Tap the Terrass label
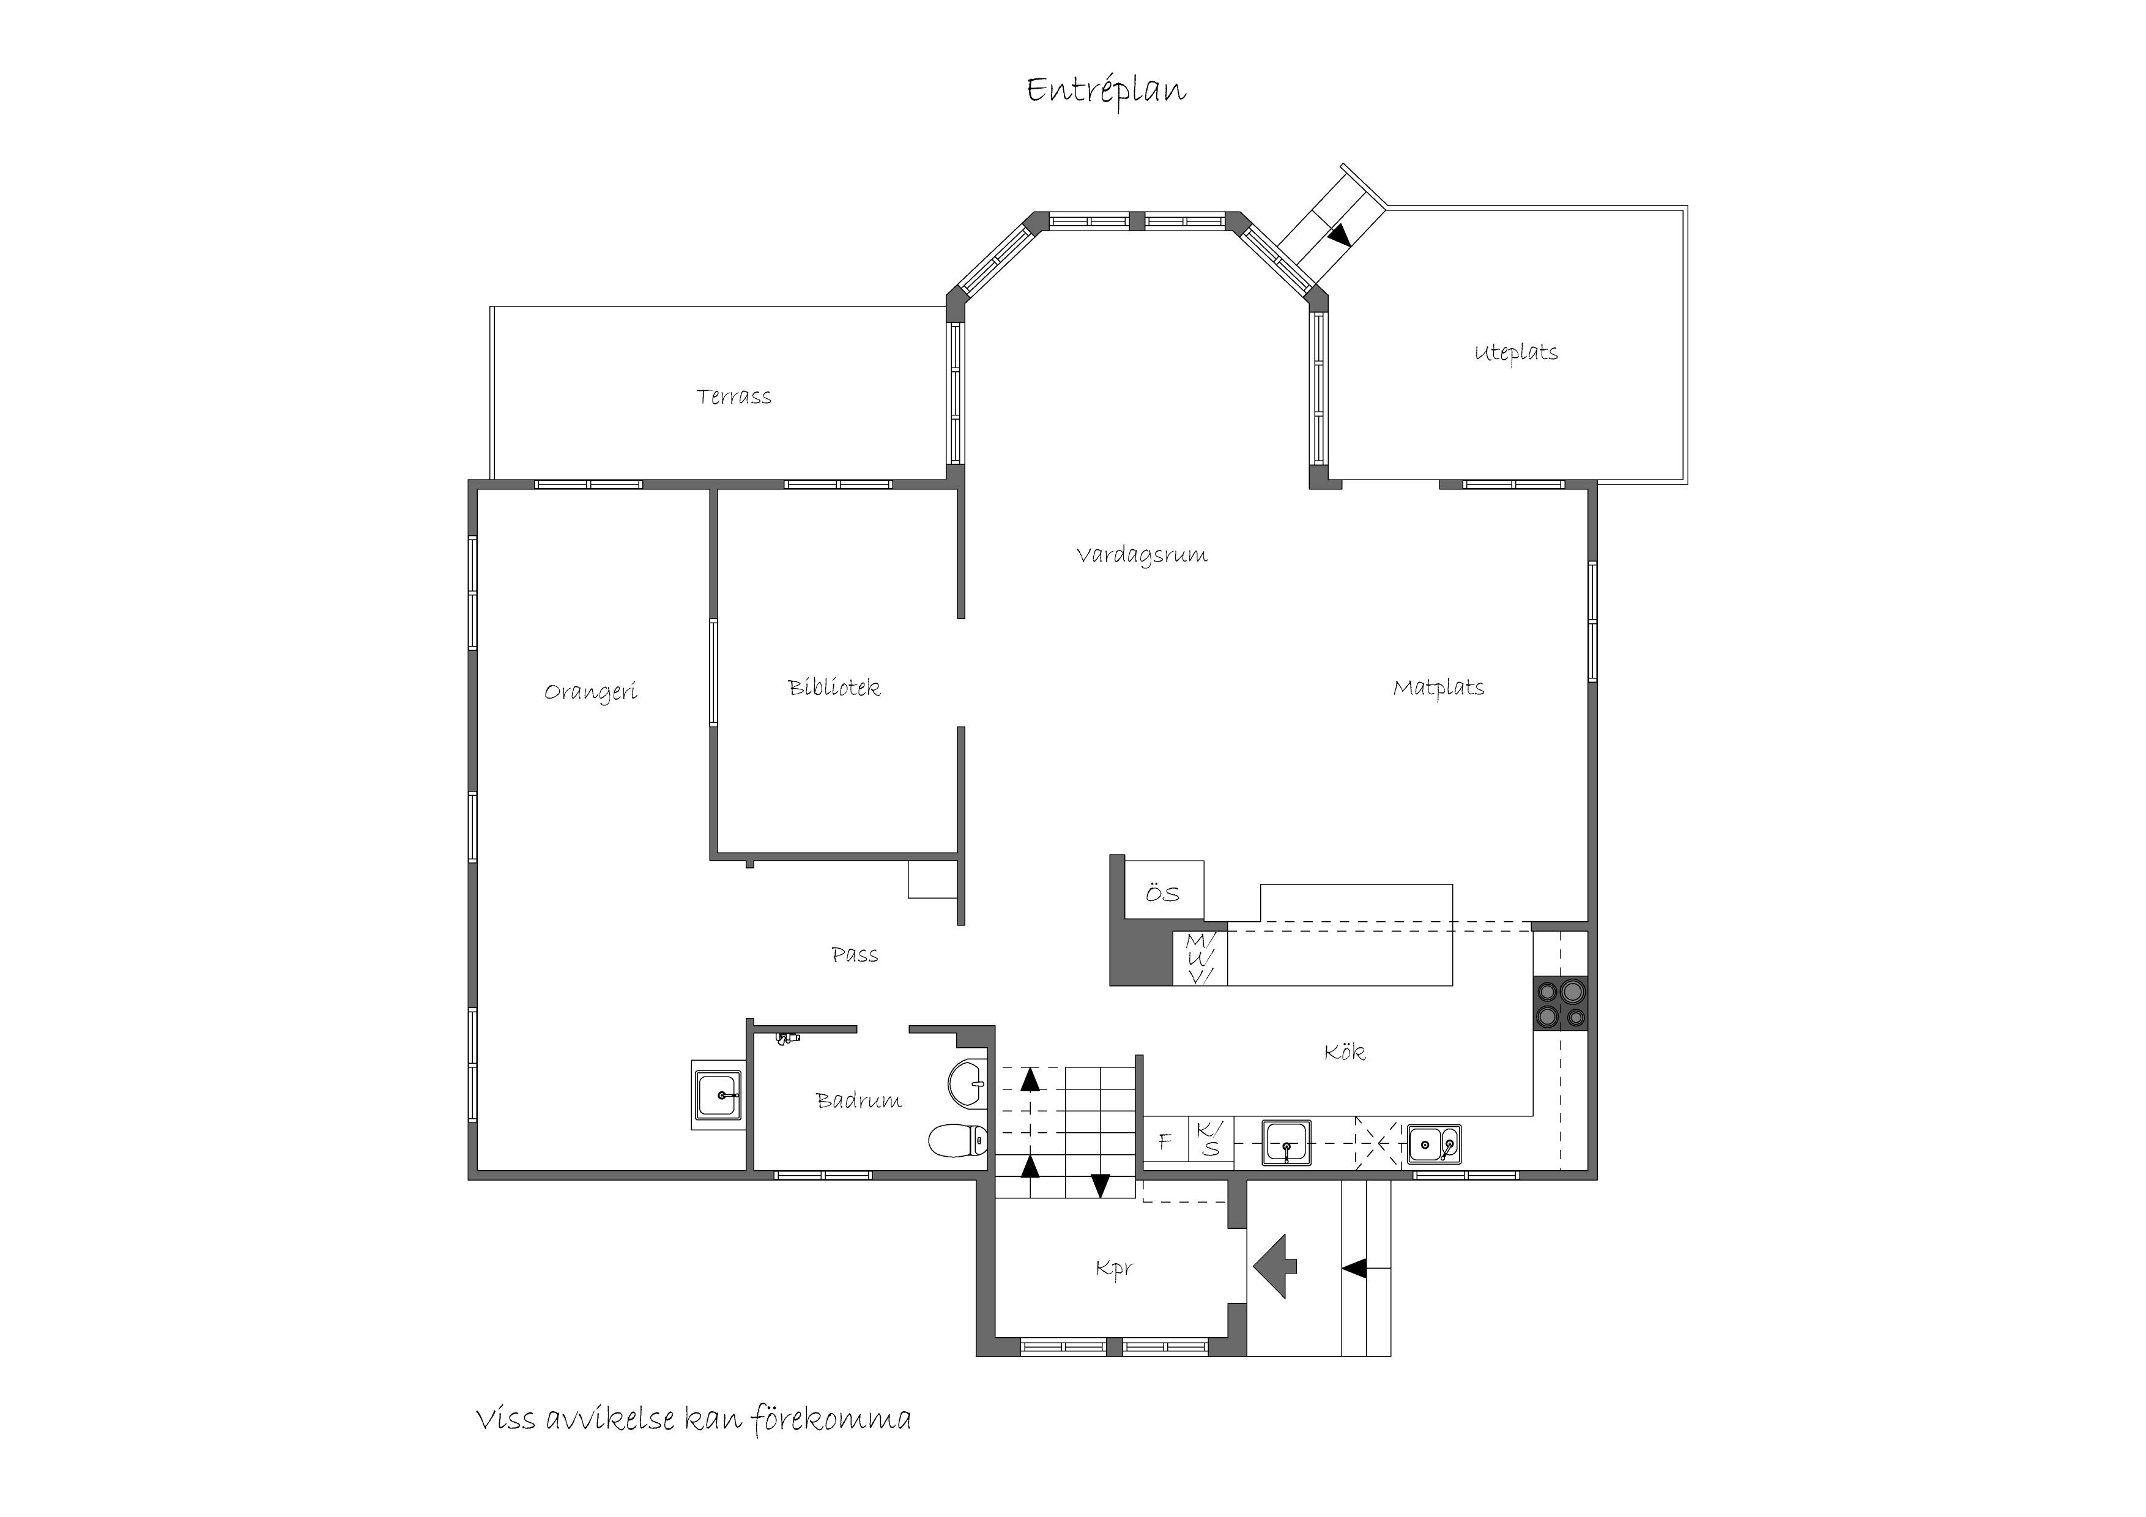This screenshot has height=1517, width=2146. pyautogui.click(x=733, y=396)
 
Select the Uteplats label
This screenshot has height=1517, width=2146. pyautogui.click(x=1516, y=352)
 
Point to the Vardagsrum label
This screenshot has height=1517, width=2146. pyautogui.click(x=1142, y=555)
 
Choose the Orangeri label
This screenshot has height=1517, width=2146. pyautogui.click(x=591, y=692)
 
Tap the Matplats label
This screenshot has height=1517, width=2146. pyautogui.click(x=1438, y=688)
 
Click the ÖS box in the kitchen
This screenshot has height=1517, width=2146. pyautogui.click(x=1164, y=890)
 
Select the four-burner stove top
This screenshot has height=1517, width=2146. pyautogui.click(x=1560, y=1003)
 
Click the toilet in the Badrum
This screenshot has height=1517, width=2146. pyautogui.click(x=958, y=1140)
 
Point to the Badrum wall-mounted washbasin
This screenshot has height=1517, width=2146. pyautogui.click(x=967, y=1085)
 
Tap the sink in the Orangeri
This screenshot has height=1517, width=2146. pyautogui.click(x=718, y=1094)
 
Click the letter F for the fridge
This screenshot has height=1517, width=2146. pyautogui.click(x=1165, y=1141)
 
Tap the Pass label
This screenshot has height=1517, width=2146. pyautogui.click(x=854, y=954)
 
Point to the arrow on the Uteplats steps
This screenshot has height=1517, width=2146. pyautogui.click(x=1341, y=236)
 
